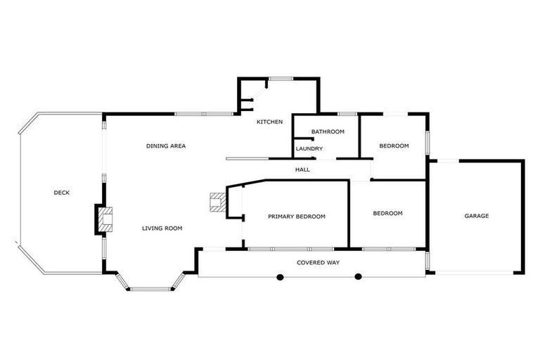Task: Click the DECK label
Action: tap(62, 193)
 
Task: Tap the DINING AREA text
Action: tap(166, 146)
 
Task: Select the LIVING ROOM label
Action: tap(162, 228)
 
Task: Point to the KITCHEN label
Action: tap(269, 122)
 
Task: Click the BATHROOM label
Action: tap(328, 131)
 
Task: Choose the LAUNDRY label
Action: tap(309, 148)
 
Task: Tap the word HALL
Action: tap(302, 169)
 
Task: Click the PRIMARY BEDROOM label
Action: tap(297, 217)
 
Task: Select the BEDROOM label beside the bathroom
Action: tap(394, 146)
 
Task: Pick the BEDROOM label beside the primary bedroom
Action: tap(387, 213)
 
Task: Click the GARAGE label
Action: tap(476, 216)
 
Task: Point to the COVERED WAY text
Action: tap(318, 262)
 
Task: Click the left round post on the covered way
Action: tap(280, 276)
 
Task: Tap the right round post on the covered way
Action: tap(358, 276)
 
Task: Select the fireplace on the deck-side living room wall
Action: tap(105, 219)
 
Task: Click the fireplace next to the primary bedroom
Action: tap(217, 202)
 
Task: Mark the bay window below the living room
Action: tap(150, 288)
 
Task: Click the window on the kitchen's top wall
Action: tap(281, 78)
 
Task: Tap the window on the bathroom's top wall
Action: tap(347, 114)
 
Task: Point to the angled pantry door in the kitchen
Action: tap(259, 90)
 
